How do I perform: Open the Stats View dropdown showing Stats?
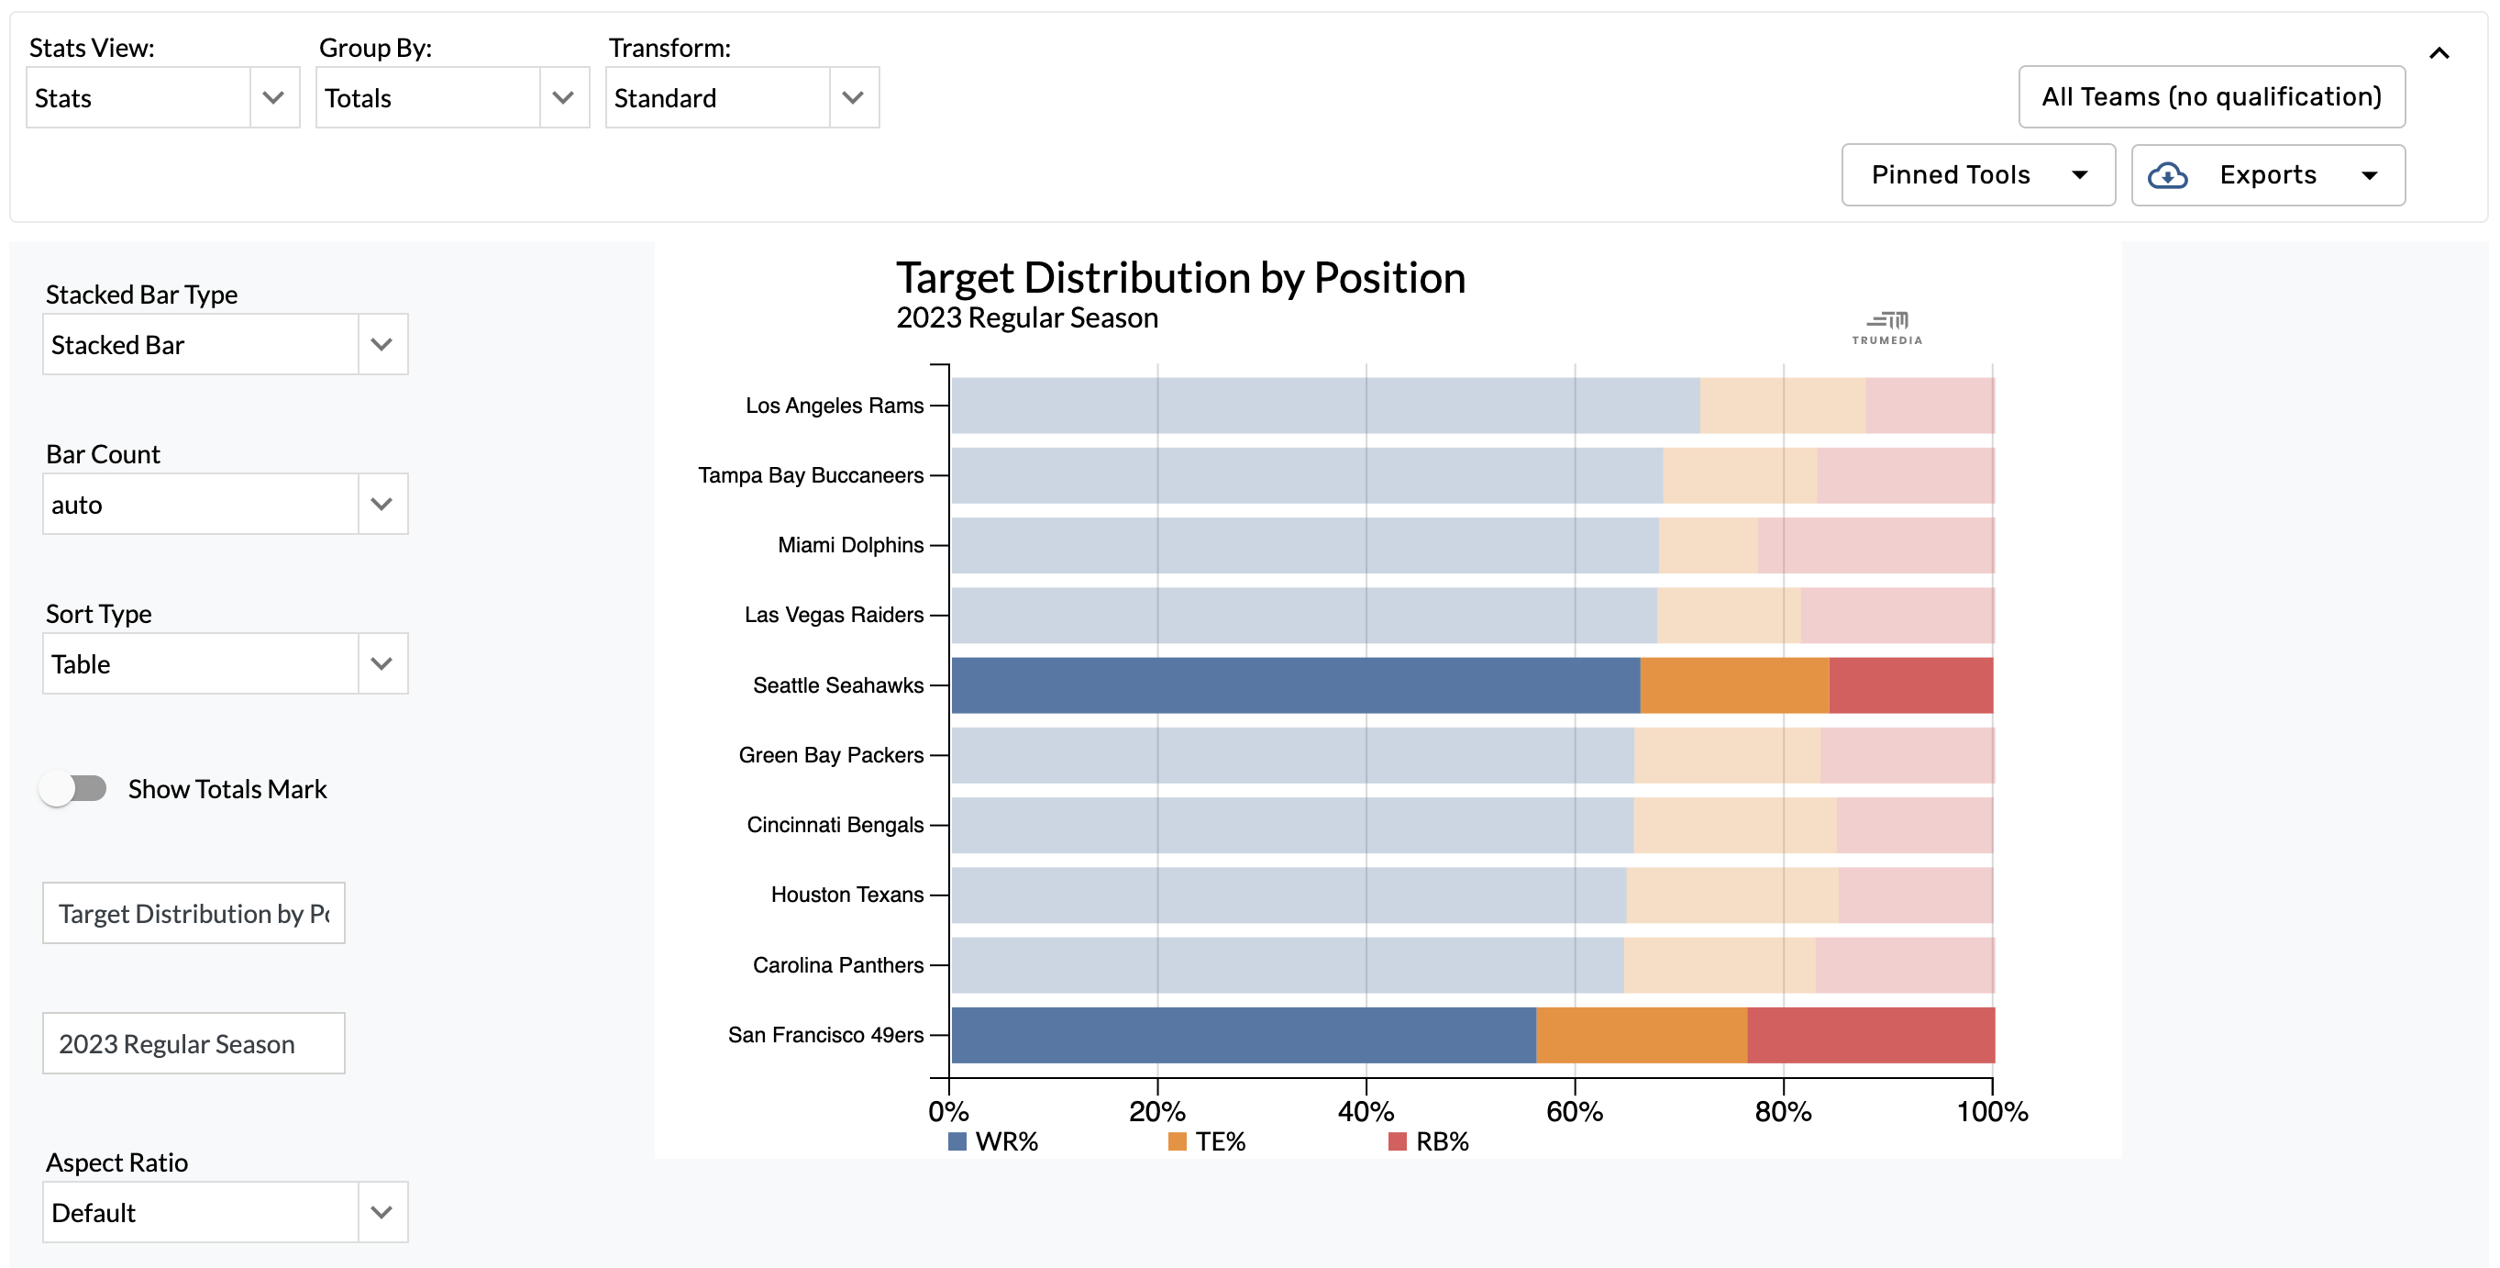coord(162,98)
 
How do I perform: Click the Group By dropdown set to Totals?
coord(451,98)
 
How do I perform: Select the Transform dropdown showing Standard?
coord(741,98)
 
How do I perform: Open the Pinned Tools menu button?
coord(1977,174)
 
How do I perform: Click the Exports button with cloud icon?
coord(2266,174)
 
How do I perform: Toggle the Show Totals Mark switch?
coord(73,788)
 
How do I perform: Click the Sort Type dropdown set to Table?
coord(224,664)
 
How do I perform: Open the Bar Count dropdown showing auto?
coord(224,505)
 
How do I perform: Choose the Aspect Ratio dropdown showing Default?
coord(224,1213)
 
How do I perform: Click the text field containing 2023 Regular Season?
coord(194,1044)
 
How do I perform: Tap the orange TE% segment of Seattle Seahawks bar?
coord(1733,685)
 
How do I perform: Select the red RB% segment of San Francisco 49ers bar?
coord(1869,1035)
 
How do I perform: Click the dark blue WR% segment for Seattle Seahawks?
coord(1295,685)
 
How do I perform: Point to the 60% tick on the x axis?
coord(1573,1110)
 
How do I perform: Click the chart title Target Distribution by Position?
coord(1179,279)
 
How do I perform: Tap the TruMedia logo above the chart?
coord(1886,328)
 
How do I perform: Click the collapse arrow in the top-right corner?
coord(2438,53)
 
